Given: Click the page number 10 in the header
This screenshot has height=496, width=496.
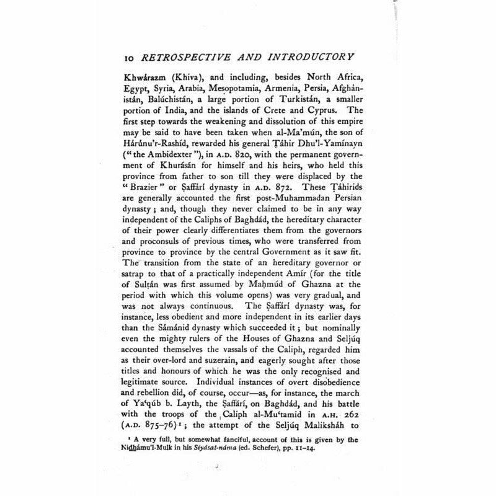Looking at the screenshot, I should tap(129, 57).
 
